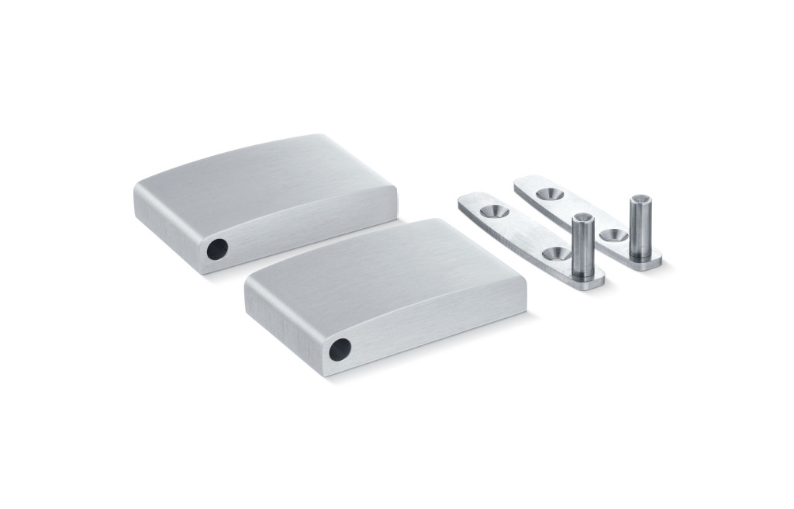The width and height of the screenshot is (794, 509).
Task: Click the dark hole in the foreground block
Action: click(340, 350)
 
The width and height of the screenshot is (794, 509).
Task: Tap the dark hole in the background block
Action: click(218, 249)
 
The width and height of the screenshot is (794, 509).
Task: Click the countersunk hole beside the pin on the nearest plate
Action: click(554, 253)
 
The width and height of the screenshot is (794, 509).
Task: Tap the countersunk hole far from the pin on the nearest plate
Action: click(491, 211)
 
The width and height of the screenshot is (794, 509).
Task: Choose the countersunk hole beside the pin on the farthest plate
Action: click(613, 234)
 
